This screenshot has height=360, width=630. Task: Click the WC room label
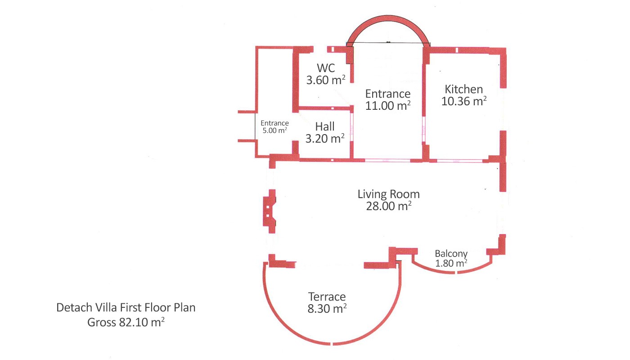coord(326,68)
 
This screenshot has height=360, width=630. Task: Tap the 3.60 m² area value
coord(326,80)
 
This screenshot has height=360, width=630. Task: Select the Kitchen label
coord(463,90)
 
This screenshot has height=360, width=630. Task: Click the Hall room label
coord(325,126)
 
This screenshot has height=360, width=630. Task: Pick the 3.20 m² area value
coord(325,139)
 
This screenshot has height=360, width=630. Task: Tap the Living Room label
coord(389,194)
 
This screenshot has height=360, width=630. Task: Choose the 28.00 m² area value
coord(389,206)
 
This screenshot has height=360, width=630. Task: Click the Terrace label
coord(327,297)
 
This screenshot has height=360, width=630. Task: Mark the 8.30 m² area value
coord(327,309)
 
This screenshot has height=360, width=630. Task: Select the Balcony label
coord(451,254)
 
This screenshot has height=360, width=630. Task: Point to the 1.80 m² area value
coord(451,263)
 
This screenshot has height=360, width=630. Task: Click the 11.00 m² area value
coord(388,106)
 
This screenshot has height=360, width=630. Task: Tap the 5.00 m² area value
coord(274,130)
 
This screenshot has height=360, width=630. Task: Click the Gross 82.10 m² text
coord(126,322)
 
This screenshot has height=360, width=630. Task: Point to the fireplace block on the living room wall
coord(270,211)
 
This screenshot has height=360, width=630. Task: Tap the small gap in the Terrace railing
coord(332,344)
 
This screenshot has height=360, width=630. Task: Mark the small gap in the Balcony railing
coord(456,273)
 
